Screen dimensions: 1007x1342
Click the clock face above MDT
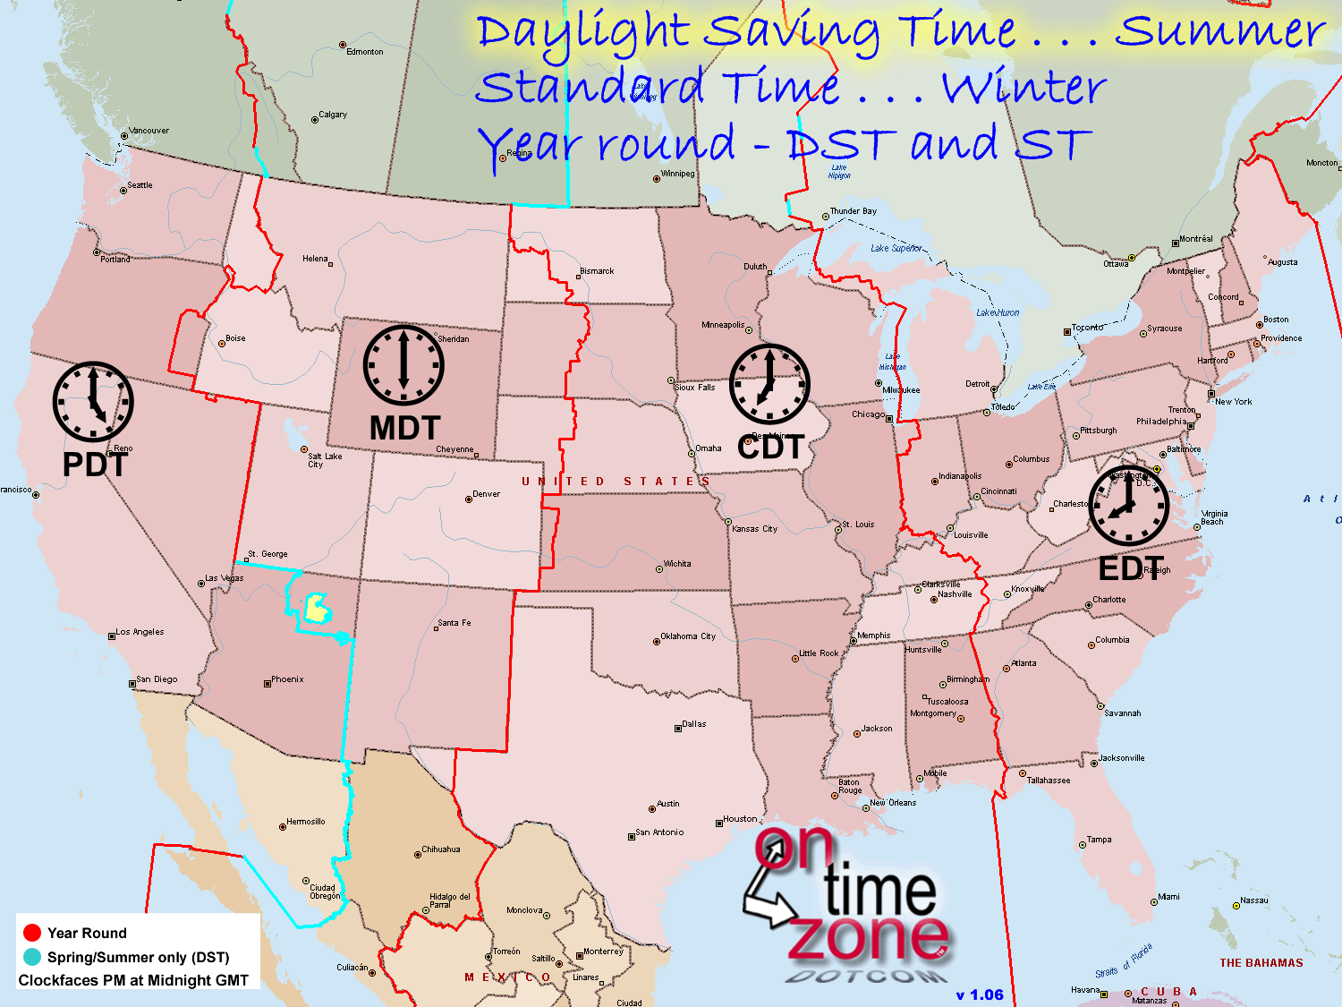[403, 365]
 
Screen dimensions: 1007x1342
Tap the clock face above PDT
[93, 402]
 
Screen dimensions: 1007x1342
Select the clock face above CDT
[769, 384]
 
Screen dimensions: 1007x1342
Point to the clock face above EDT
[1128, 506]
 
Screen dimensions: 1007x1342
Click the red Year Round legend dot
[32, 933]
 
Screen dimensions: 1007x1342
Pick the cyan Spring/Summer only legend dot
[32, 957]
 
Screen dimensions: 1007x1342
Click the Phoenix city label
[287, 679]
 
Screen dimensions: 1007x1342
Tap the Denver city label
[486, 494]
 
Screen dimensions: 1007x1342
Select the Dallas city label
[694, 724]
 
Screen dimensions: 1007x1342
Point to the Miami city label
[1168, 897]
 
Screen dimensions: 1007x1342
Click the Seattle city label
[140, 185]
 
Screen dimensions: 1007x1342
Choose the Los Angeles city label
[140, 632]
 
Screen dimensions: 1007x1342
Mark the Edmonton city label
[365, 52]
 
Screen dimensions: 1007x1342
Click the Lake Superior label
[896, 248]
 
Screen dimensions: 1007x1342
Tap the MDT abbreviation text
[405, 429]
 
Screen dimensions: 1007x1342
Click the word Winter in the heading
[1024, 88]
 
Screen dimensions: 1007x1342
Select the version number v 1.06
[980, 994]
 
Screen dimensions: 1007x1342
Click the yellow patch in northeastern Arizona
[317, 608]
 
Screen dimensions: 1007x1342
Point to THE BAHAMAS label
[1261, 963]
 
